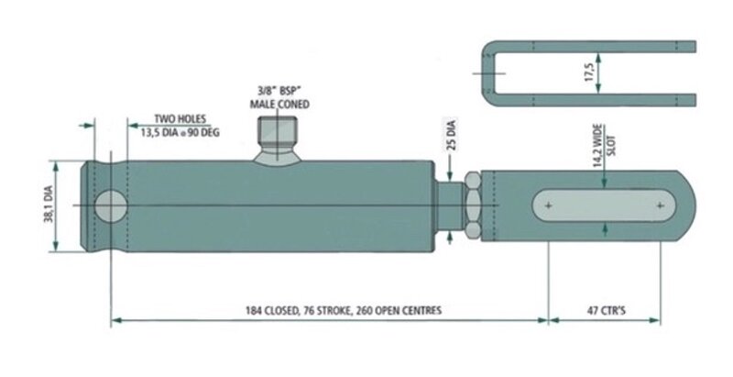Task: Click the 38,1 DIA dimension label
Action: coord(49,205)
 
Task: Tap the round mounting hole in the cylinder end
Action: coord(111,206)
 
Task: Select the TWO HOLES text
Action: coord(180,119)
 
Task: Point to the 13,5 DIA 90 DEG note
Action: coord(180,132)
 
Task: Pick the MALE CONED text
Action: coord(279,104)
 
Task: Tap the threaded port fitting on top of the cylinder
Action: coord(278,140)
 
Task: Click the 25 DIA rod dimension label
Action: coord(451,135)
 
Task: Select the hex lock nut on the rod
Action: coord(473,205)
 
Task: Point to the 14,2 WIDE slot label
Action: coord(598,146)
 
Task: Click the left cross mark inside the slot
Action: coord(549,205)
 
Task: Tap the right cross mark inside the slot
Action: coord(660,205)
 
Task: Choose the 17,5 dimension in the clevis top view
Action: coord(589,72)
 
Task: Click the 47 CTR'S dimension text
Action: coord(607,311)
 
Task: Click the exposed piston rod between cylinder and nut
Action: coord(450,205)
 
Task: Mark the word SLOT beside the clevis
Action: coord(611,146)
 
